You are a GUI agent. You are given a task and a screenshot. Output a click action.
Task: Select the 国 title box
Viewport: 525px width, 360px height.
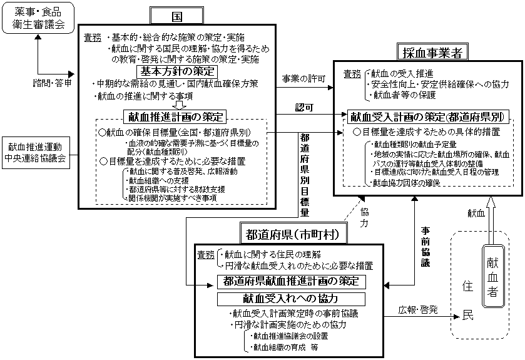pyautogui.click(x=178, y=16)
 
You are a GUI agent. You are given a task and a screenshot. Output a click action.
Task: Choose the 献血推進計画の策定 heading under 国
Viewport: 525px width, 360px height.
pyautogui.click(x=176, y=116)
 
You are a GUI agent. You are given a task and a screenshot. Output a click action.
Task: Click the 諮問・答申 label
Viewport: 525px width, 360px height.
pyautogui.click(x=53, y=82)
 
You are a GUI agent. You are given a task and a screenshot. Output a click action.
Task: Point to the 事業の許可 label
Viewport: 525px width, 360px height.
pyautogui.click(x=304, y=78)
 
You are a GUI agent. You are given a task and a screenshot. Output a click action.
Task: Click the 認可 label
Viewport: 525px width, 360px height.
pyautogui.click(x=304, y=107)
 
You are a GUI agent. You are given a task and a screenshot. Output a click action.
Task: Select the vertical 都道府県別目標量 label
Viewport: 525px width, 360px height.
pyautogui.click(x=305, y=175)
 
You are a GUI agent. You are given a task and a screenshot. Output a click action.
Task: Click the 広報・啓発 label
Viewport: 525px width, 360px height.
pyautogui.click(x=417, y=310)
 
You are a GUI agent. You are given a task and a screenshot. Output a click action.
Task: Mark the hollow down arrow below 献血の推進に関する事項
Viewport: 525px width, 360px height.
pyautogui.click(x=178, y=105)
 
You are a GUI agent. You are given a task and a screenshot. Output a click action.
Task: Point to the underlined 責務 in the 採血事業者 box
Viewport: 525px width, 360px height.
pyautogui.click(x=352, y=74)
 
